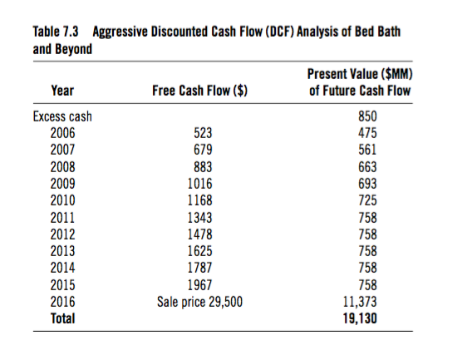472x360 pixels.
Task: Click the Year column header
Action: (x=62, y=91)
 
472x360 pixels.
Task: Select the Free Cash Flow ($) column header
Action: (x=199, y=91)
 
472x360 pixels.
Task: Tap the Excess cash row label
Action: (x=62, y=116)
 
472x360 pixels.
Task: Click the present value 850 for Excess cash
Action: (x=367, y=116)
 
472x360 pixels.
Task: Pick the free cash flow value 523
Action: (x=203, y=133)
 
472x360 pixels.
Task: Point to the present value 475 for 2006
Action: (x=367, y=133)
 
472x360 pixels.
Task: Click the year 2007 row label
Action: (x=62, y=150)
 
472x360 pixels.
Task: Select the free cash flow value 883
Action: (x=203, y=167)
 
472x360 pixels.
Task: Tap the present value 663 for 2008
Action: (x=367, y=167)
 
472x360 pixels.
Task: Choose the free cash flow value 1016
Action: (x=200, y=184)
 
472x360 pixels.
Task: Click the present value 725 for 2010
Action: (x=367, y=200)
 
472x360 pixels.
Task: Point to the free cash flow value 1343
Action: (x=200, y=218)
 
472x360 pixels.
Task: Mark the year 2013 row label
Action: (x=62, y=251)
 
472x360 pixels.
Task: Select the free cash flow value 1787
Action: (x=200, y=268)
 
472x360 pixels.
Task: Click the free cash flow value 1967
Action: (x=200, y=285)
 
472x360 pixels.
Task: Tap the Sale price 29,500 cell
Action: (x=199, y=302)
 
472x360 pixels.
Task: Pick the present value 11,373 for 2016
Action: (x=360, y=302)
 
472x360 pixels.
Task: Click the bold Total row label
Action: (x=62, y=318)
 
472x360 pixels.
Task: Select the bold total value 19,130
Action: (x=360, y=318)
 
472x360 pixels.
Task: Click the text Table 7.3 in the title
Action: (x=56, y=32)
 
